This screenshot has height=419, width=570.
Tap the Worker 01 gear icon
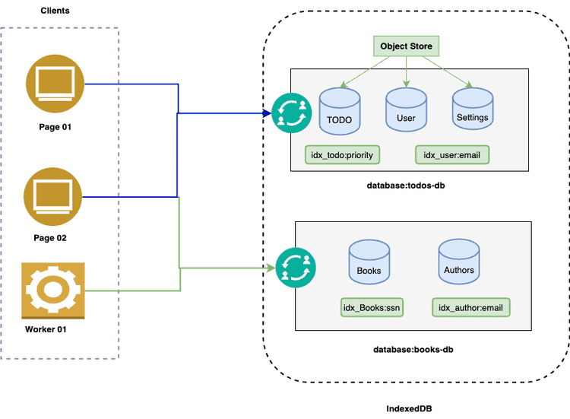[x=53, y=290]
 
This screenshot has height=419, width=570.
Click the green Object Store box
[x=406, y=46]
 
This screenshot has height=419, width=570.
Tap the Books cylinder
[x=369, y=262]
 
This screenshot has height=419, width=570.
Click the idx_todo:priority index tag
[x=342, y=155]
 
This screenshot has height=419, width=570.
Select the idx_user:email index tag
[x=452, y=155]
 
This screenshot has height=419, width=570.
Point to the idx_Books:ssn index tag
[x=372, y=308]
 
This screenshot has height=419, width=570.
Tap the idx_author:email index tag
[x=470, y=308]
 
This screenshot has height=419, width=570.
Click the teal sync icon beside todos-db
[x=292, y=113]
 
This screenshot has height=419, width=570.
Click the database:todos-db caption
[x=405, y=186]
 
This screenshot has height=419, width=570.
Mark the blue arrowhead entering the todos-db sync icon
[x=268, y=113]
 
